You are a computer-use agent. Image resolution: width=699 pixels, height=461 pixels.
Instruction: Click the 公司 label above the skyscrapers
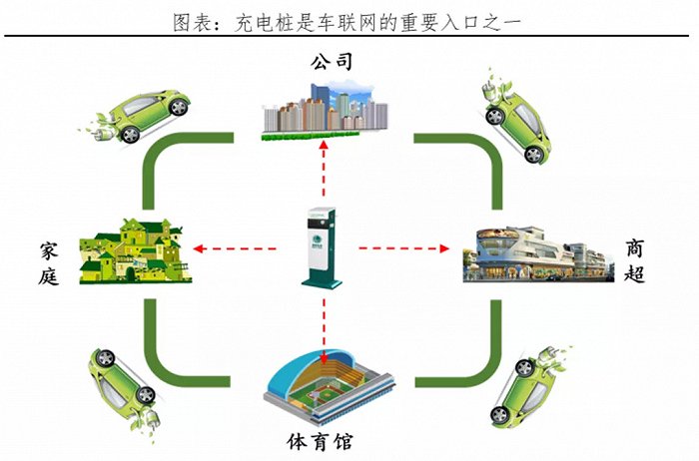[332, 62]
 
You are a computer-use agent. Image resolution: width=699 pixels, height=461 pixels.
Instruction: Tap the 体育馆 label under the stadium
[320, 442]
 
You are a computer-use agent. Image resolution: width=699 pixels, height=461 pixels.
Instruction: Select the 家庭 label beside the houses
[49, 263]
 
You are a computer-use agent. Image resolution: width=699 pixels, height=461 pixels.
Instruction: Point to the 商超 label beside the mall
[634, 260]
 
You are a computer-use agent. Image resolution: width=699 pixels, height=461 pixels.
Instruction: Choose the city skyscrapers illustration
[325, 112]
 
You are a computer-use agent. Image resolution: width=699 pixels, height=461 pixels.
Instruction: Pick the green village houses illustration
[135, 251]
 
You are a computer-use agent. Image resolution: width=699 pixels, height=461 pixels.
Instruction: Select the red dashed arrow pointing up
[325, 169]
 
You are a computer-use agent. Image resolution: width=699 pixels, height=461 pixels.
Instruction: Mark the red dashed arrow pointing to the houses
[235, 248]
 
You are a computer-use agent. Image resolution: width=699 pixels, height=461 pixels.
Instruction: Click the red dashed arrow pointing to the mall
[403, 248]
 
